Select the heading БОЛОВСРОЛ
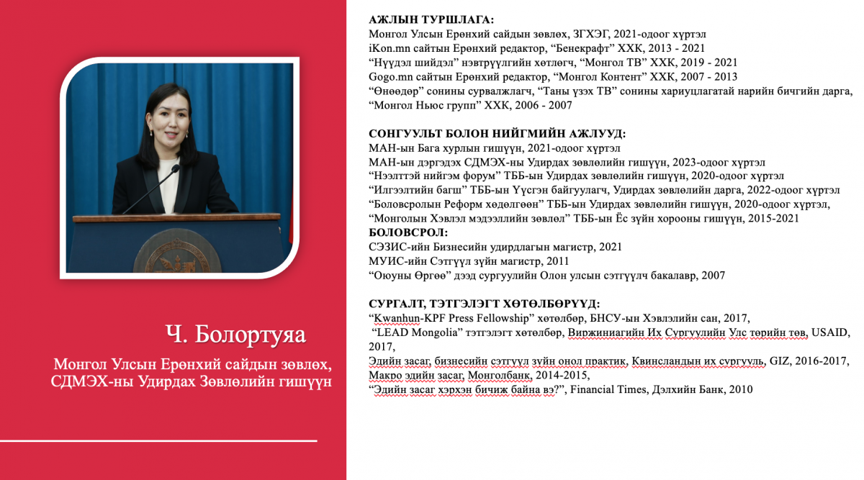point(408,232)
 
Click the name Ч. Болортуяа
point(235,335)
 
